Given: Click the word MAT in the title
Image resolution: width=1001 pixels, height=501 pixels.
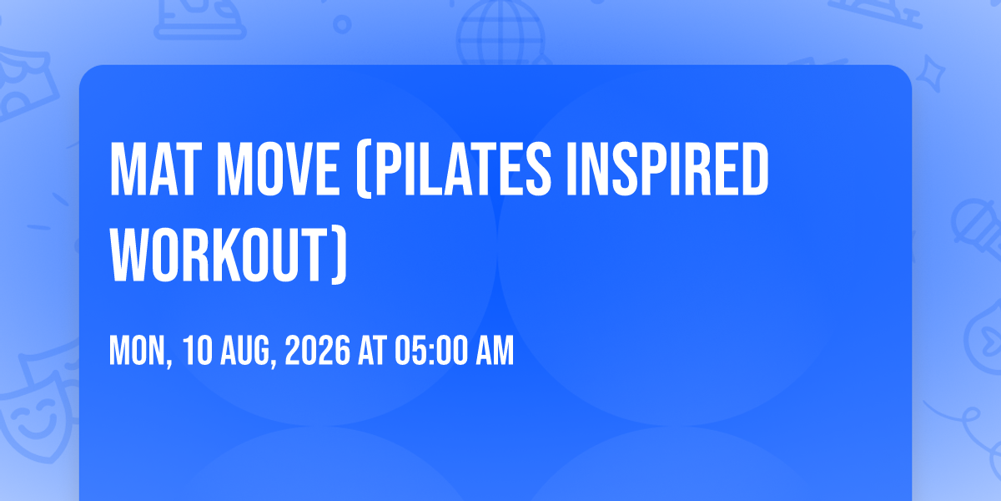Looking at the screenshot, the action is pyautogui.click(x=153, y=169).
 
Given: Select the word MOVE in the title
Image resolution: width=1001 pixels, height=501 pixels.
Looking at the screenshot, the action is pyautogui.click(x=277, y=169).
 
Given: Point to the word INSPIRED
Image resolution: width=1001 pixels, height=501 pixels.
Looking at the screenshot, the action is pyautogui.click(x=667, y=169).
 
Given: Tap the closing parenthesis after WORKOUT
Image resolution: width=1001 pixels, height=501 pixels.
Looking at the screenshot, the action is pyautogui.click(x=339, y=256).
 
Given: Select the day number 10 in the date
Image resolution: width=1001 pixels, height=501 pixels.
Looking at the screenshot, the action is pyautogui.click(x=197, y=352).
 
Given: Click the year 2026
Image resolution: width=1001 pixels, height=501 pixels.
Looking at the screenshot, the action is pyautogui.click(x=317, y=352).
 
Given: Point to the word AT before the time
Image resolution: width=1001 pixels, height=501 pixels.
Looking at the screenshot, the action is pyautogui.click(x=372, y=352).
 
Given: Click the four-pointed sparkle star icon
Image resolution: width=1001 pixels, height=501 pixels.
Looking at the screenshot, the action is pyautogui.click(x=931, y=73).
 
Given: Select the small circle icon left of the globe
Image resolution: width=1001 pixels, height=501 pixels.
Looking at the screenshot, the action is pyautogui.click(x=342, y=24).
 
